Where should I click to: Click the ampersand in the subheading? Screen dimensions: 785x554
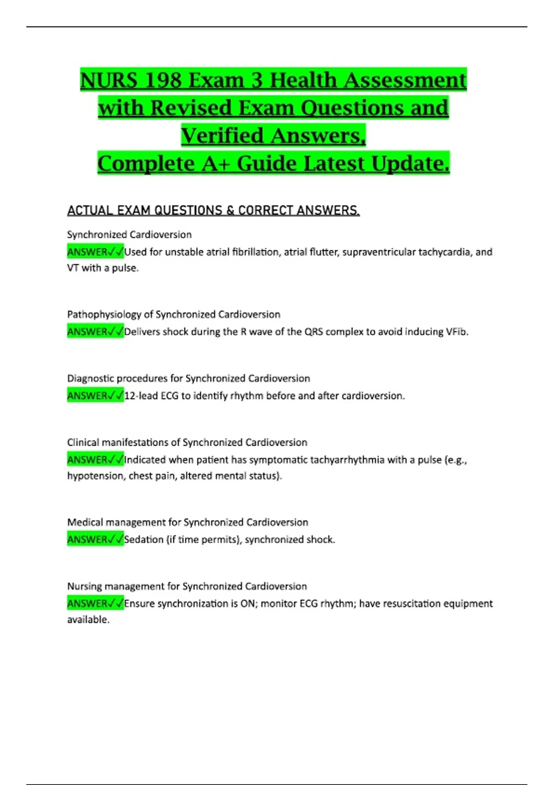(230, 211)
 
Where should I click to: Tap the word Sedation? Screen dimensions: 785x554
(144, 540)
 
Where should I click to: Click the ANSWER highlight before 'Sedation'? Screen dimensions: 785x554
(95, 539)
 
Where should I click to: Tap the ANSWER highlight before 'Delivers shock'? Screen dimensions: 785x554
(95, 332)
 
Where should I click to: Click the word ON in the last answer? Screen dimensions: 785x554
(247, 604)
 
